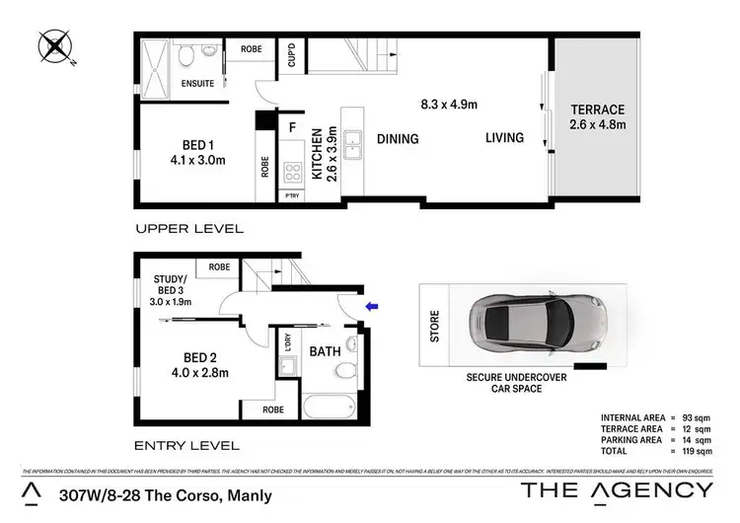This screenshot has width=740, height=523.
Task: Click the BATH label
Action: (x=326, y=351)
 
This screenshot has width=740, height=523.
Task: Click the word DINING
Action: (x=397, y=139)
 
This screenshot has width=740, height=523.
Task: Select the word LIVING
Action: (x=503, y=138)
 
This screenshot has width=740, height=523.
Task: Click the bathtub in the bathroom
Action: (x=325, y=409)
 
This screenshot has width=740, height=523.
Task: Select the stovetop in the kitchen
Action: (x=292, y=174)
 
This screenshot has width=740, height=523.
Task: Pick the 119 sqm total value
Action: (x=694, y=451)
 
